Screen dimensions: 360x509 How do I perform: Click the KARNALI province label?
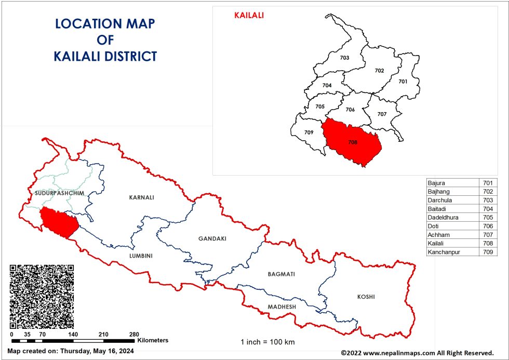coord(142,197)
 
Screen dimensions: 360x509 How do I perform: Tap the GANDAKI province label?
coord(212,238)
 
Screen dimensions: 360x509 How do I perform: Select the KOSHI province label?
coord(366,297)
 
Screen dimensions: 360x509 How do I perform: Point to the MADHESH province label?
coord(282,307)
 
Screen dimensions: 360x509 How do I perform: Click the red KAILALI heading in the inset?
coord(249,16)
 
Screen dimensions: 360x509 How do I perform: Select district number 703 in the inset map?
coord(344,58)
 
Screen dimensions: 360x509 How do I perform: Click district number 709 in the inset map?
coord(309,132)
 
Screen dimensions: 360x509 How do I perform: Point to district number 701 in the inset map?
coord(403,82)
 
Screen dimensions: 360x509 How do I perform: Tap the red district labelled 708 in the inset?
coord(353,142)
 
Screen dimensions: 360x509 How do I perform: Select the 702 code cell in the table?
coord(488,192)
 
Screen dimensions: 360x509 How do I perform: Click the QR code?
coord(42,296)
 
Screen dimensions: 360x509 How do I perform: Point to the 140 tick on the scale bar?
coord(73,335)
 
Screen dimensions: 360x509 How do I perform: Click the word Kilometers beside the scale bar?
coord(153,340)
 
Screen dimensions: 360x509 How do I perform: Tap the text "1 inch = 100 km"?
coord(267,342)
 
